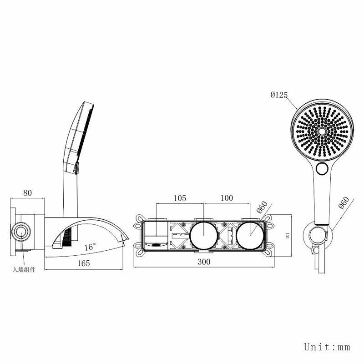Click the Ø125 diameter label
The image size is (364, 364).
[279, 95]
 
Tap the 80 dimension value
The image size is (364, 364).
[27, 192]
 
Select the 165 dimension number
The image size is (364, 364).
[83, 263]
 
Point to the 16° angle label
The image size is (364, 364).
[90, 247]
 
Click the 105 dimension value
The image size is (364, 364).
[180, 198]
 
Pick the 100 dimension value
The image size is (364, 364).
[227, 198]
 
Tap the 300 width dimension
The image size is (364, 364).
[204, 262]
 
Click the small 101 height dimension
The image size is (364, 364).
[288, 235]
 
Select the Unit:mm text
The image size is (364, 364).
[327, 347]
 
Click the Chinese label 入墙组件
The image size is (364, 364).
[24, 269]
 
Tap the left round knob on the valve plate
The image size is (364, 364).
[204, 236]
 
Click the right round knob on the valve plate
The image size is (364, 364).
[250, 236]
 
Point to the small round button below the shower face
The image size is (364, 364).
[322, 168]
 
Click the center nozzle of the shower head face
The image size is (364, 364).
[322, 131]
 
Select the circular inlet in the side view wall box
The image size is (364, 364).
[21, 232]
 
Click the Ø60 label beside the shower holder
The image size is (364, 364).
[344, 202]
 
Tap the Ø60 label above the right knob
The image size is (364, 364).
[262, 207]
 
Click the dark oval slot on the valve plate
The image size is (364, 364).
[156, 245]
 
